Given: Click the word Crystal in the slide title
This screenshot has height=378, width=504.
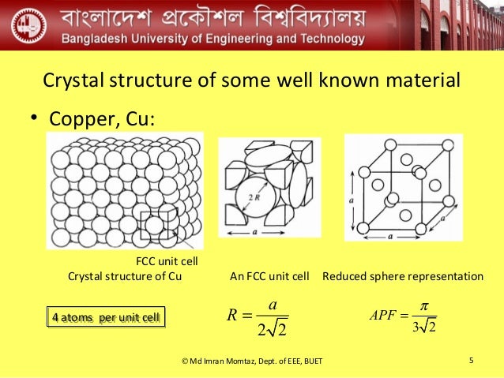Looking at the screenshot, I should pyautogui.click(x=69, y=80).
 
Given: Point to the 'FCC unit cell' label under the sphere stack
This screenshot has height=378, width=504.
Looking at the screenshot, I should pyautogui.click(x=167, y=261).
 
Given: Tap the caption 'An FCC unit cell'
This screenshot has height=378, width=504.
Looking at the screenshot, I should pyautogui.click(x=269, y=276).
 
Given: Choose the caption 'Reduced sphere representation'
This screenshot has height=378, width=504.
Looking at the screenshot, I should pyautogui.click(x=402, y=276).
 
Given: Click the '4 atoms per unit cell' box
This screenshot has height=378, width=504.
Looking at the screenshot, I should pyautogui.click(x=106, y=318).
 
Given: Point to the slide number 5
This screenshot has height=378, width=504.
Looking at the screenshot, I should pyautogui.click(x=471, y=361).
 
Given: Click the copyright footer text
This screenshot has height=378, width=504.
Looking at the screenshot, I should pyautogui.click(x=252, y=362).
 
